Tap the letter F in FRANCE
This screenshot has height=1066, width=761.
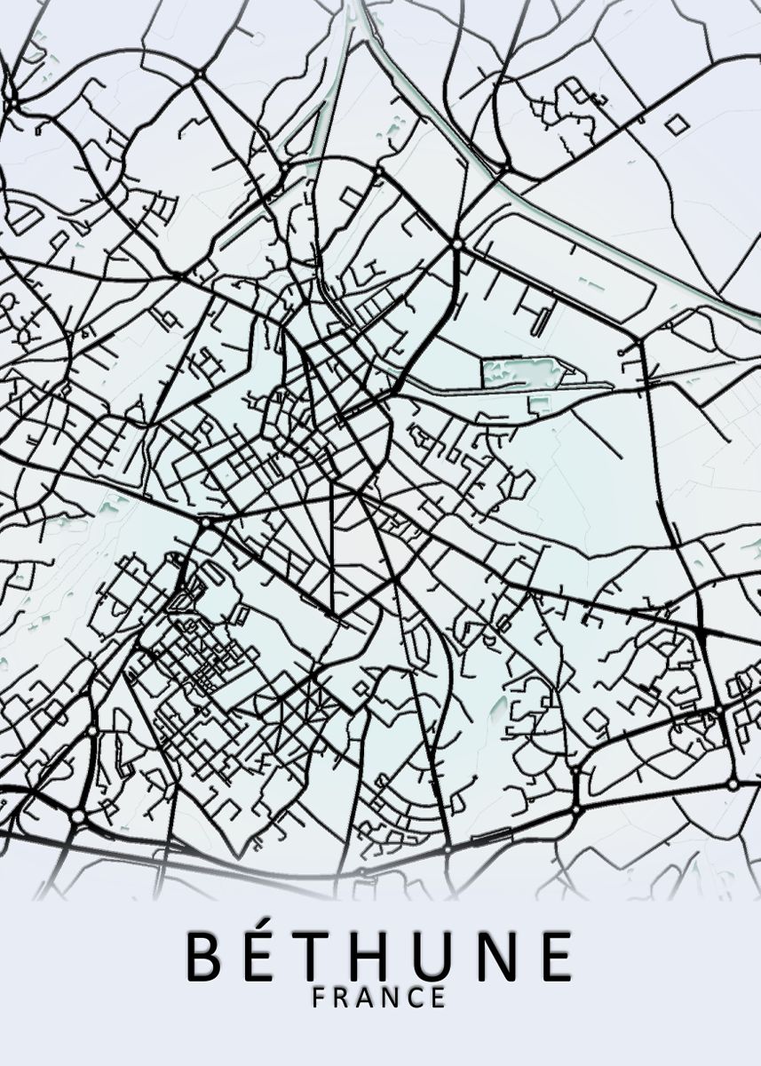(x=320, y=998)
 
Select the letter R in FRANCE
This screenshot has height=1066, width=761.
(x=344, y=998)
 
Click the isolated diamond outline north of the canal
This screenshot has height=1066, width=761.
(x=677, y=125)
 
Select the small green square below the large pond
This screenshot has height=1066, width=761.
(x=537, y=404)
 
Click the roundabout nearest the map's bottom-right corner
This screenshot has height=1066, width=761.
(x=733, y=785)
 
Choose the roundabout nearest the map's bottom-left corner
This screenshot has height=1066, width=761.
(x=78, y=815)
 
